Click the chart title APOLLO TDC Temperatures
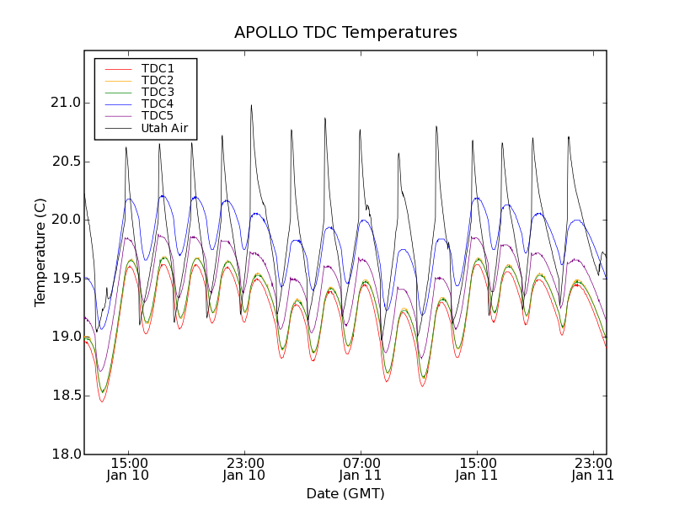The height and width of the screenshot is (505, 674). click(x=345, y=33)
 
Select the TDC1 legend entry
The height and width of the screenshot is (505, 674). click(x=158, y=69)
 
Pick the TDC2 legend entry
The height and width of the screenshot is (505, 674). click(x=158, y=81)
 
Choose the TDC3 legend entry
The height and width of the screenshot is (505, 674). click(x=158, y=93)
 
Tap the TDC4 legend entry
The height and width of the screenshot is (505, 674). click(x=158, y=104)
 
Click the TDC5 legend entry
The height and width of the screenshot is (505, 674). click(x=158, y=116)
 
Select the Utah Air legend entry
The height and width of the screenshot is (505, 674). click(x=164, y=129)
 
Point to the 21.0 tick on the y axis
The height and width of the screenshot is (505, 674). click(x=65, y=103)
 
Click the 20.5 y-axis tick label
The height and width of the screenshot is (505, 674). click(x=65, y=162)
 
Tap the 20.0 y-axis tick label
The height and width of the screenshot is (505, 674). click(x=65, y=220)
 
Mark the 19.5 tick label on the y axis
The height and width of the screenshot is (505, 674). click(x=65, y=279)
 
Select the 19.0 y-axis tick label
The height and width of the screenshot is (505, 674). click(x=65, y=337)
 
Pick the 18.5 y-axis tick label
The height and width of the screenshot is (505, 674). click(x=65, y=396)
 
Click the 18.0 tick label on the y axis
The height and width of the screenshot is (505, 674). click(x=65, y=454)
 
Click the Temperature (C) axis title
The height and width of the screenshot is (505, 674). click(x=40, y=252)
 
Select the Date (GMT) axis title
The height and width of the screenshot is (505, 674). click(x=345, y=493)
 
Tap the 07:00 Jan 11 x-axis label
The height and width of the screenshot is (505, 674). click(x=361, y=469)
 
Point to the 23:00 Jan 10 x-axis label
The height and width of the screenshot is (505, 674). click(x=244, y=469)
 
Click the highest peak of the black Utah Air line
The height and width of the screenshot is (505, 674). click(x=251, y=105)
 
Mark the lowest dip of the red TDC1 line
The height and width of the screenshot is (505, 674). click(x=102, y=401)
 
